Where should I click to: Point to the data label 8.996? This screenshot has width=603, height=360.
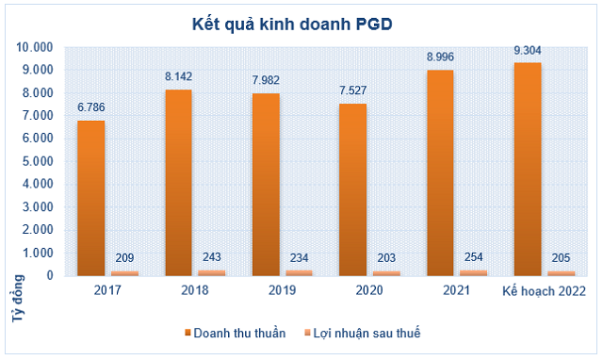coord(442,58)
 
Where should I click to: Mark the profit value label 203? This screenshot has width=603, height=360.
coord(387,258)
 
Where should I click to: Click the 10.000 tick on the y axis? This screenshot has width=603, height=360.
coord(35,47)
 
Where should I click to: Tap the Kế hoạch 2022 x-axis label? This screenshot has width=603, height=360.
coord(544,291)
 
